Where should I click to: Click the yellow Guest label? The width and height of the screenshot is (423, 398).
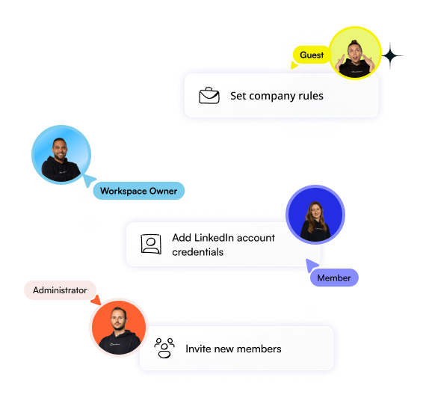coord(312,55)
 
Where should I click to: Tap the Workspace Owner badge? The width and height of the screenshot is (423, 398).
coord(139,191)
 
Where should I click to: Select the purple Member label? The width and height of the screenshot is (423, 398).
coord(334,278)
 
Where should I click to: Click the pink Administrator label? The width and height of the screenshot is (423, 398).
coord(60,290)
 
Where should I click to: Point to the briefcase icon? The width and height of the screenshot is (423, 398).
coord(209,95)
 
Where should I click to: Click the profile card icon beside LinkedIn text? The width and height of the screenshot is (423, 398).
coord(151,244)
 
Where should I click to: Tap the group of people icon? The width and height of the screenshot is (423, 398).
coord(164,348)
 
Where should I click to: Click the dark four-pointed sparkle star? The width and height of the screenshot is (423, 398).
coord(390,56)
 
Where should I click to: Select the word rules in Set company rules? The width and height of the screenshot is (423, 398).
coord(311,96)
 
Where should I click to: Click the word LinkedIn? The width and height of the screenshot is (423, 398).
coord(214,238)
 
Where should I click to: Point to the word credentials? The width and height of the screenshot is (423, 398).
coord(198,252)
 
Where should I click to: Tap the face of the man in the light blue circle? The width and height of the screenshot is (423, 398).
coord(60,150)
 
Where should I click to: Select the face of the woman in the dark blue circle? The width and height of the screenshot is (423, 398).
coord(316,212)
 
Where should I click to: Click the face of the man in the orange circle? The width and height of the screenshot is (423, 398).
coord(119,319)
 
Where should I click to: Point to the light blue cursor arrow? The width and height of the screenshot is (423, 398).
coord(89,180)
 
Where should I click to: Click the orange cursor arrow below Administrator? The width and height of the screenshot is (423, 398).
coord(96,300)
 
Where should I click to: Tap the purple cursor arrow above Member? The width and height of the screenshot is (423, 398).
coord(312,265)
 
